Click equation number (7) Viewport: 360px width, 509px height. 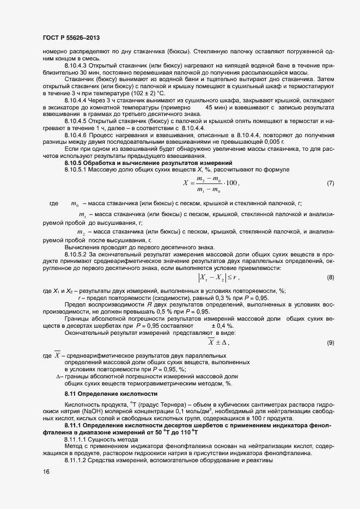coord(330,183)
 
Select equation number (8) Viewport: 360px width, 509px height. coord(330,278)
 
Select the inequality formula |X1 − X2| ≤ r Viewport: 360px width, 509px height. coord(218,278)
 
